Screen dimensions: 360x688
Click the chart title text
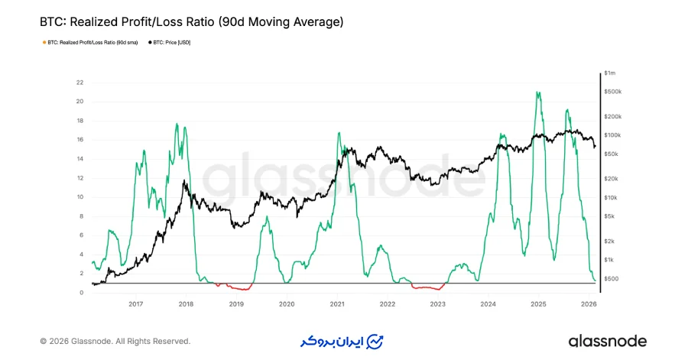point(191,22)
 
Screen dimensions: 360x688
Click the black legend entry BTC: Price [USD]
point(169,43)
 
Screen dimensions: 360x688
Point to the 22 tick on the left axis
point(80,83)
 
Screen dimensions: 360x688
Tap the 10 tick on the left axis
point(80,197)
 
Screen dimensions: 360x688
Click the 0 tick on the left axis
point(81,293)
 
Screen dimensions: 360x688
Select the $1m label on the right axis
point(610,73)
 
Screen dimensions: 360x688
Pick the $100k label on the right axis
point(612,135)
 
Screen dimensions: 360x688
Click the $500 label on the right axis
point(611,278)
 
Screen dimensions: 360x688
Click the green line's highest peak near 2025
point(539,93)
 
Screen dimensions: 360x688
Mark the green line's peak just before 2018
point(177,125)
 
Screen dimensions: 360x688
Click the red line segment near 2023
point(430,288)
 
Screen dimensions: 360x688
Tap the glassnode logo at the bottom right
point(607,341)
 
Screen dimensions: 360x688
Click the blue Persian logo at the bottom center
point(342,341)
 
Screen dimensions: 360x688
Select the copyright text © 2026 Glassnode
point(115,342)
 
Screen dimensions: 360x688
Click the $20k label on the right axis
point(612,179)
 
